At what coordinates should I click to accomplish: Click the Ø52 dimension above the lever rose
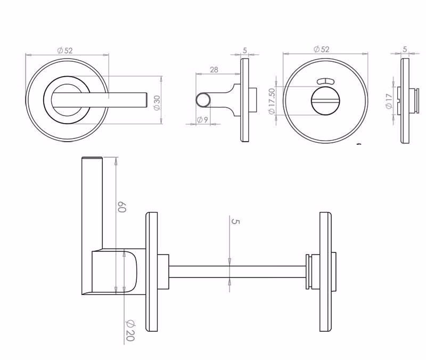tap(65, 50)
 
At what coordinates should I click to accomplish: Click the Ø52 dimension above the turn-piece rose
tap(322, 49)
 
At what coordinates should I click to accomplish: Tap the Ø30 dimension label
tap(157, 103)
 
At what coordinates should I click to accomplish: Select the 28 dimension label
tap(214, 70)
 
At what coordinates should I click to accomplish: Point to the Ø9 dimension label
tap(203, 119)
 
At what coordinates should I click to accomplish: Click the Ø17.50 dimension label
tap(272, 101)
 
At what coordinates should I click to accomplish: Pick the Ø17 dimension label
tap(389, 101)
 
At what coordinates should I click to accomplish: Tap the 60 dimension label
tap(121, 207)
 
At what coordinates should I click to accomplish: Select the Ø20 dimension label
tap(130, 330)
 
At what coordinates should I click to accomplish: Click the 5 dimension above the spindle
tap(235, 222)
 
